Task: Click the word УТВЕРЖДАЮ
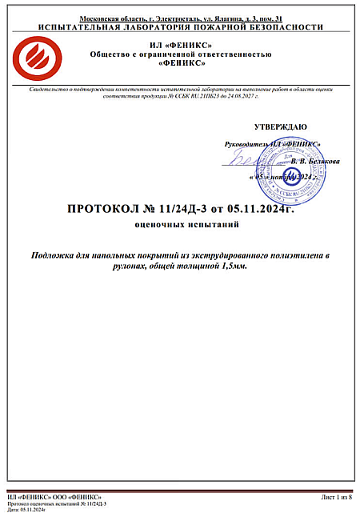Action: point(279,127)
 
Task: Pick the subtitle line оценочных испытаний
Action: point(180,226)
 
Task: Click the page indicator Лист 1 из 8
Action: point(335,497)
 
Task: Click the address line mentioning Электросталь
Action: point(180,18)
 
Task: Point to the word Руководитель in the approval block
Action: point(248,143)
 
